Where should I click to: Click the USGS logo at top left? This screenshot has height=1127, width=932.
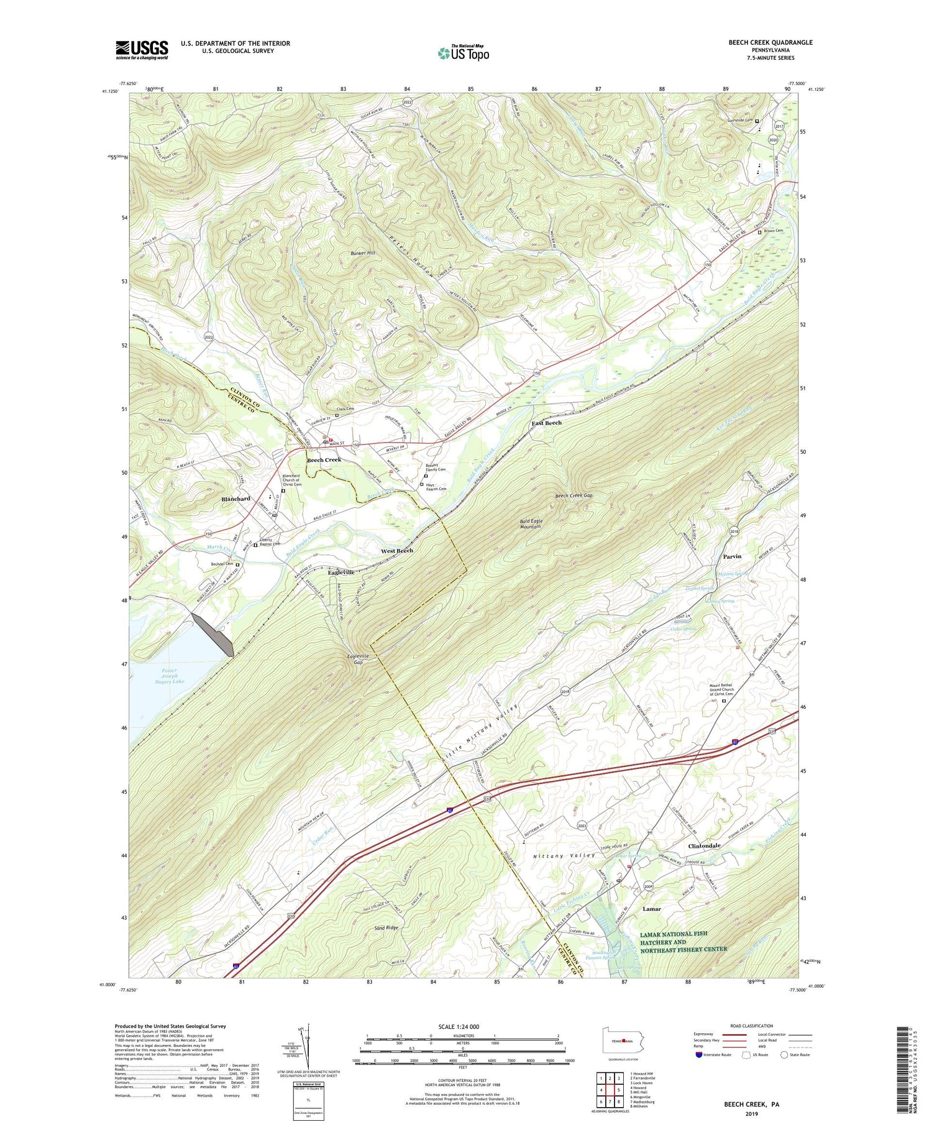tap(142, 50)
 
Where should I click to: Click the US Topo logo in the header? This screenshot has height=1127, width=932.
tap(463, 53)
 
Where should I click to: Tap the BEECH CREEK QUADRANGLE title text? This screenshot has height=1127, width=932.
tap(770, 42)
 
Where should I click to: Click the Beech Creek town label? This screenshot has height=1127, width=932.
tap(324, 459)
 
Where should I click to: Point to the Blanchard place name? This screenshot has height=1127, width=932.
tap(236, 499)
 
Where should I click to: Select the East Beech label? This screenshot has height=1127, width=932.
tap(546, 423)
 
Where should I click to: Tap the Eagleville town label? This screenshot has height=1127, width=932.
tap(341, 572)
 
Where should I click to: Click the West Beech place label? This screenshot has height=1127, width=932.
tap(396, 551)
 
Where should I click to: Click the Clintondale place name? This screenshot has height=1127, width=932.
tap(704, 846)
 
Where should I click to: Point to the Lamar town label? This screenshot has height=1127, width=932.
tap(651, 909)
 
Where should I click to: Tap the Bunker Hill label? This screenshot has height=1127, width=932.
tap(362, 253)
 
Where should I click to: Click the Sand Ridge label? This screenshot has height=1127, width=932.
tap(385, 927)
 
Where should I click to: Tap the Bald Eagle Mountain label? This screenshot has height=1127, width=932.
tap(530, 523)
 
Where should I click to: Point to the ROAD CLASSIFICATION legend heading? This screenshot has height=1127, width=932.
tap(752, 1026)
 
